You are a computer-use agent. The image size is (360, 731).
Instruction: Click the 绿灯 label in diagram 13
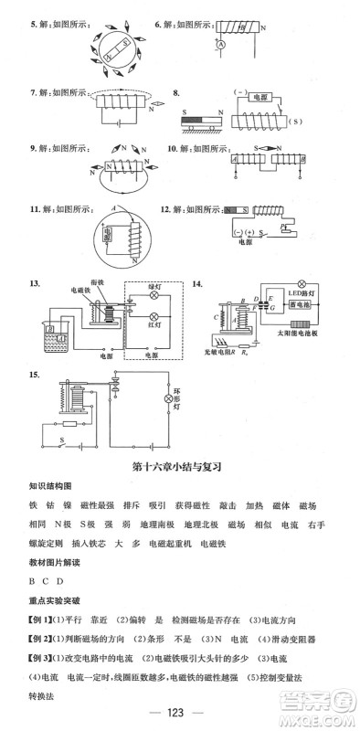[154, 286]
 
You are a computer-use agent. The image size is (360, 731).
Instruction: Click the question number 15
[34, 375]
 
